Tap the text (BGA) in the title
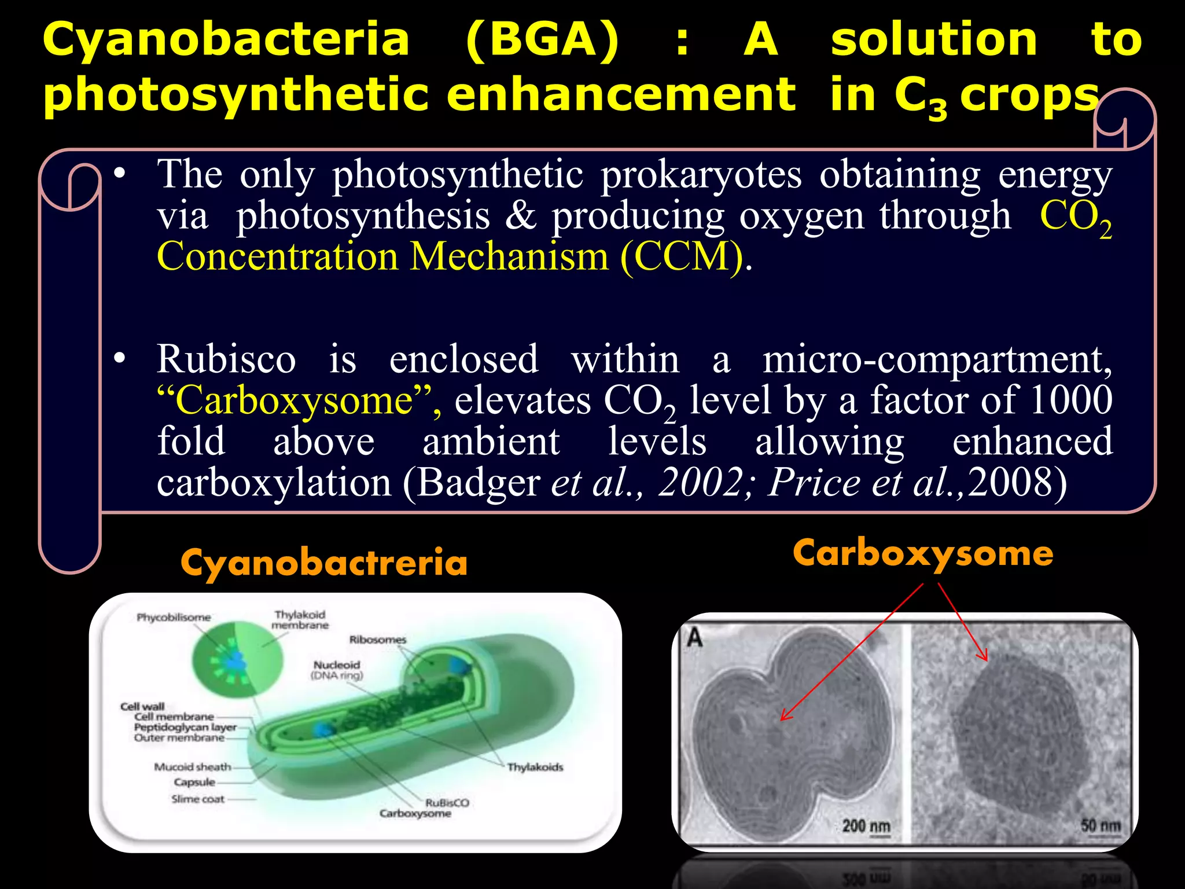pos(542,41)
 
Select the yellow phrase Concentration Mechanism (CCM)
pos(450,256)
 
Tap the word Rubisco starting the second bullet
pos(226,359)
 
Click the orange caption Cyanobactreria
pos(324,563)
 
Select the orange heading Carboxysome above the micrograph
pos(923,553)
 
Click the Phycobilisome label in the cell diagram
pos(174,618)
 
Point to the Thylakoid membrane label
pos(300,620)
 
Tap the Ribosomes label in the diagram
pos(377,640)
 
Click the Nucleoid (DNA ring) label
pos(337,670)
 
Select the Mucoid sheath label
pos(192,767)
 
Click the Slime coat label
pos(197,799)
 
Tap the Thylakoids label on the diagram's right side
pos(535,767)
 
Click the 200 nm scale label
pos(866,826)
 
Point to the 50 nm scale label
pos(1101,825)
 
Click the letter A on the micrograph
pos(694,638)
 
